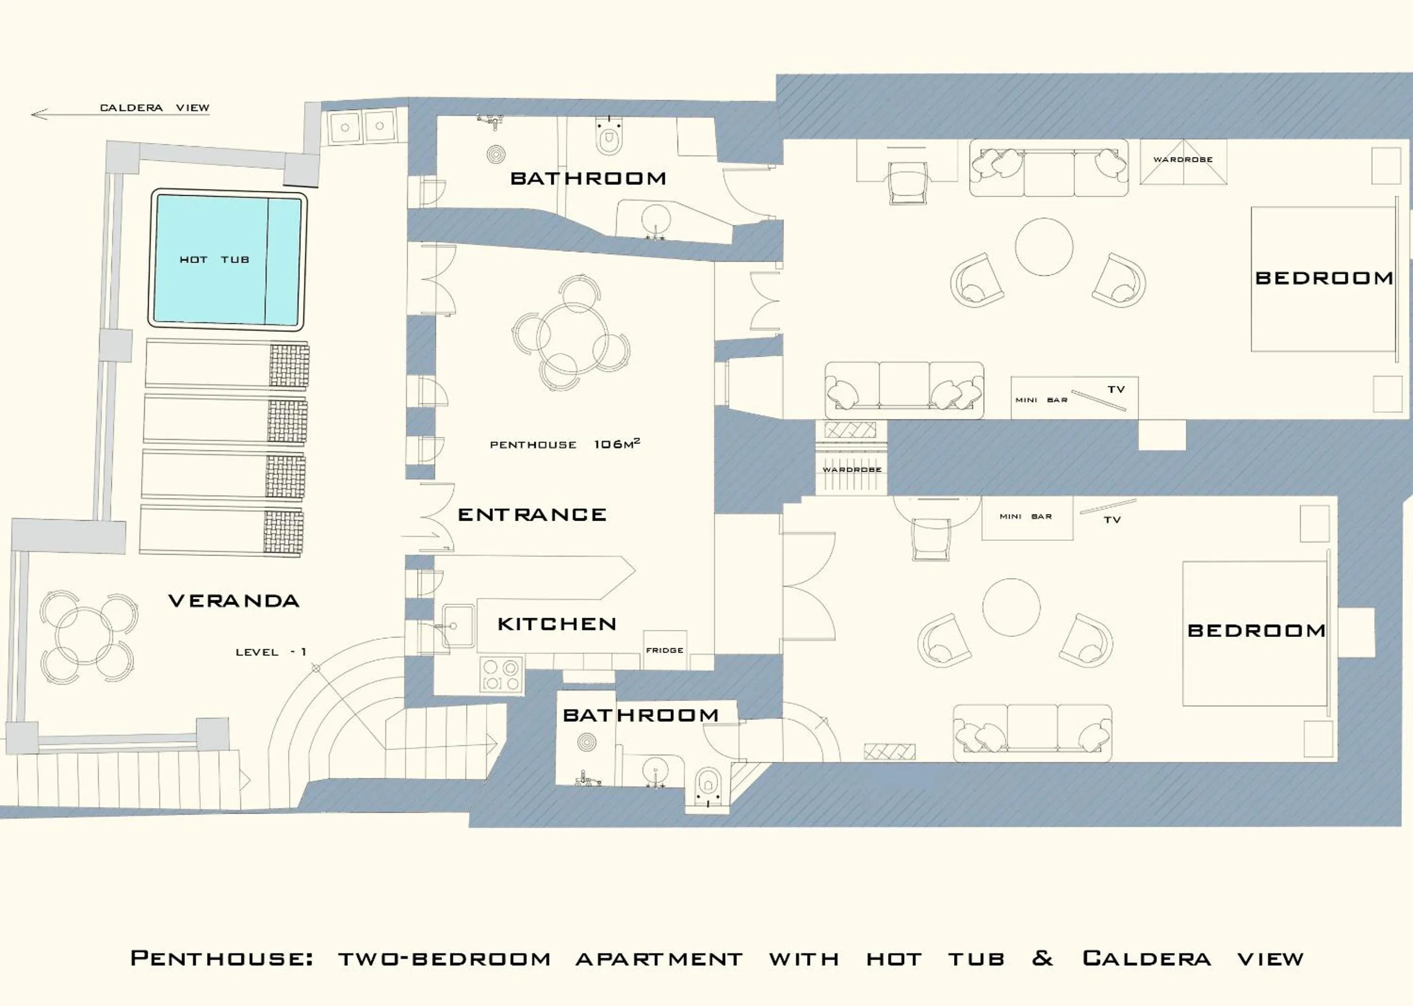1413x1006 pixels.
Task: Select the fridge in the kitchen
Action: pyautogui.click(x=665, y=650)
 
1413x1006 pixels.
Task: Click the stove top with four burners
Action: pyautogui.click(x=501, y=675)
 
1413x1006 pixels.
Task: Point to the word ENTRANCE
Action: pyautogui.click(x=532, y=515)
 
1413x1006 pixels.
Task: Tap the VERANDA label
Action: pyautogui.click(x=234, y=600)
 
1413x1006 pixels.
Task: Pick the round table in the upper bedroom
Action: pyautogui.click(x=1044, y=246)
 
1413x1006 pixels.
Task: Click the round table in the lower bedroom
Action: pyautogui.click(x=1011, y=607)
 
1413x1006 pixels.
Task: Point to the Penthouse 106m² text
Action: pyautogui.click(x=564, y=444)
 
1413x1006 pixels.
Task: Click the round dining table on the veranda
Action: pyautogui.click(x=85, y=636)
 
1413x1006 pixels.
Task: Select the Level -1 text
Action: pyautogui.click(x=271, y=652)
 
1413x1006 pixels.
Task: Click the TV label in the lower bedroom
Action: pyautogui.click(x=1112, y=520)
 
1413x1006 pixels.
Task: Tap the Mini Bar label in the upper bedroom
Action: pyautogui.click(x=1040, y=400)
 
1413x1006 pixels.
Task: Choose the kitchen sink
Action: pyautogui.click(x=457, y=626)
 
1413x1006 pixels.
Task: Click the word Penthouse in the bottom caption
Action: pyautogui.click(x=221, y=959)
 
